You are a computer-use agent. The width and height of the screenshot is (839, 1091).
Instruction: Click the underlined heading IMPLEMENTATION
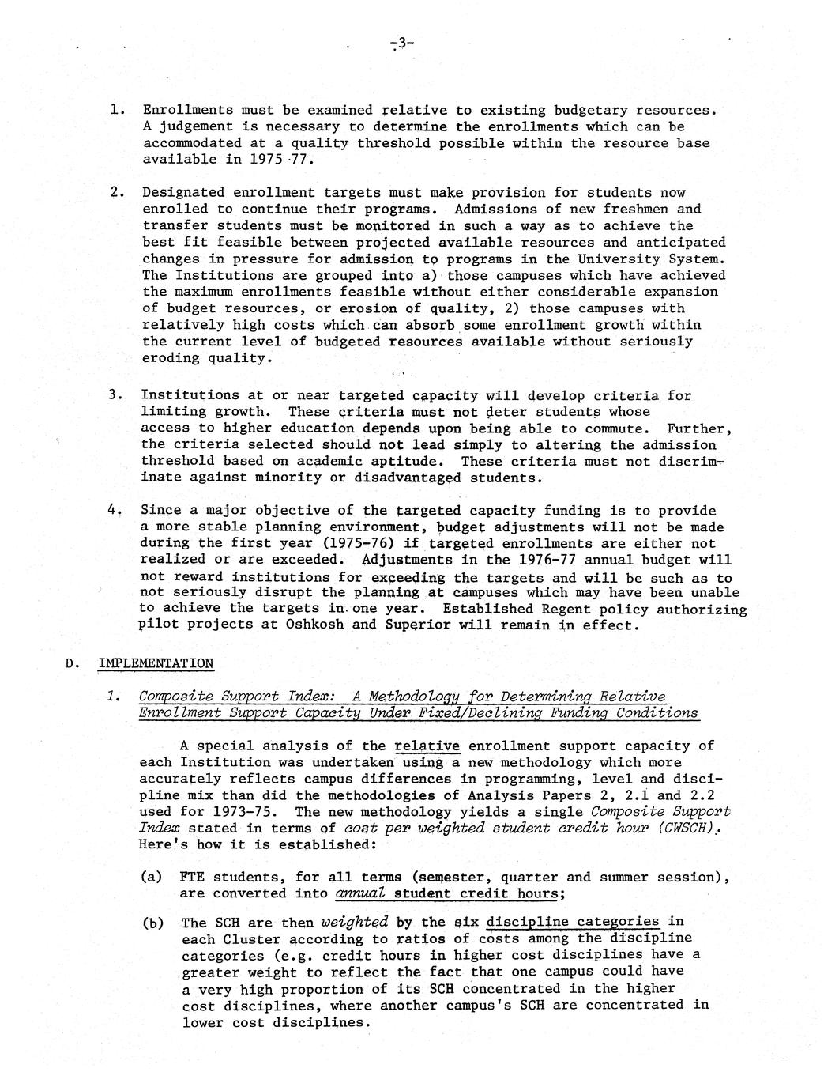(156, 663)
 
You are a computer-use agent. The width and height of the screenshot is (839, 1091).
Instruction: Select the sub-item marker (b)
(152, 923)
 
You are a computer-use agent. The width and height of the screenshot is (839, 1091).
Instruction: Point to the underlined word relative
(427, 746)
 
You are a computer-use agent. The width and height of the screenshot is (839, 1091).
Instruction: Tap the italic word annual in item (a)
(360, 893)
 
